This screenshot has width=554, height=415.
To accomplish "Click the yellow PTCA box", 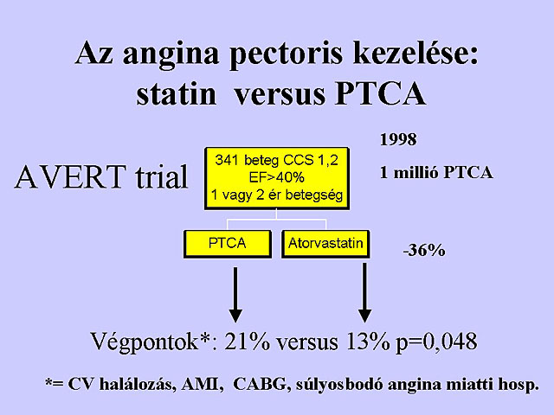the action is [228, 244].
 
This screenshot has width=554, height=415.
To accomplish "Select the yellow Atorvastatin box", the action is [325, 244].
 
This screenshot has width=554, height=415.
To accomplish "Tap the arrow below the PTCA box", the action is [235, 295].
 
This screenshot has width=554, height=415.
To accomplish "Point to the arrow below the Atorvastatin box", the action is [364, 293].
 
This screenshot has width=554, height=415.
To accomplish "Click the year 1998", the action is [398, 140].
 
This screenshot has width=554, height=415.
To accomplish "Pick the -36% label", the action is [424, 251].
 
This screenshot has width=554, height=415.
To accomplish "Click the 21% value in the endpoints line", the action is [247, 342].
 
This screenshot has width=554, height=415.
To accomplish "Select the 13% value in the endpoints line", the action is [368, 342].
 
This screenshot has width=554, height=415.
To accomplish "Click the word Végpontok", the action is [144, 342].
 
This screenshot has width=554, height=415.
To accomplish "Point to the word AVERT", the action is [70, 176].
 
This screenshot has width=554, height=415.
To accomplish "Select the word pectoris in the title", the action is [286, 54].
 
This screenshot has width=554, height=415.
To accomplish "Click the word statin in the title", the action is [176, 94].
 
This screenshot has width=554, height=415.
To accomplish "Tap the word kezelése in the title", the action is [415, 52].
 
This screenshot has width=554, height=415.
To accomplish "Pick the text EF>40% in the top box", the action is [277, 177].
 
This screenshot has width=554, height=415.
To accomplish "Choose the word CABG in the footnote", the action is [260, 384].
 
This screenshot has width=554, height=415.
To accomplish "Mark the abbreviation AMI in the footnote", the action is [203, 385].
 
